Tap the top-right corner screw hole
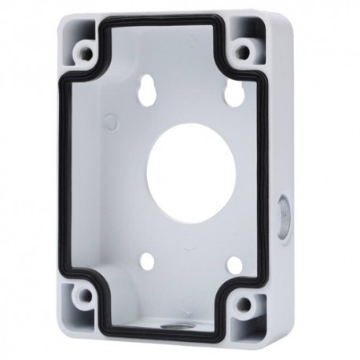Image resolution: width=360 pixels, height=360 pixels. (x=244, y=54)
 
